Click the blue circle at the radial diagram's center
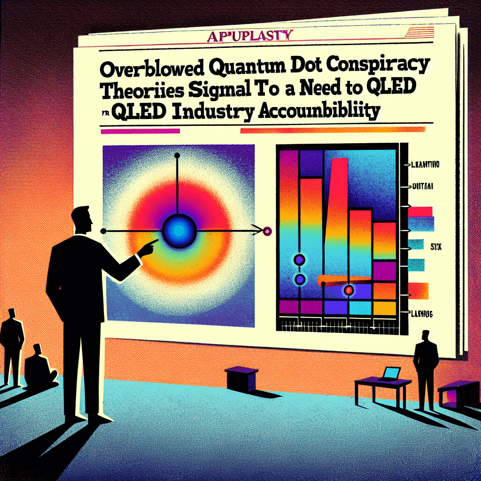click(x=178, y=230)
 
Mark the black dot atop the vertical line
click(x=177, y=155)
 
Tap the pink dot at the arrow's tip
click(x=268, y=231)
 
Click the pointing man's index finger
click(x=153, y=243)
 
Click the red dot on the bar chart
click(x=349, y=290)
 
